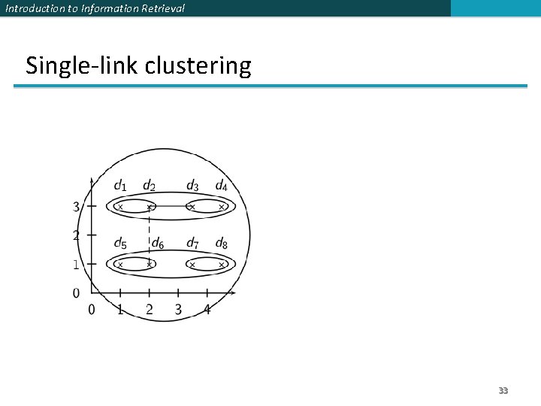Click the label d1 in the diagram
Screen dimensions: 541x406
(120, 185)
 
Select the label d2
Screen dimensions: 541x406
(150, 186)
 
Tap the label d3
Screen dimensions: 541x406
(192, 185)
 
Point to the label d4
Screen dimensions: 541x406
(222, 185)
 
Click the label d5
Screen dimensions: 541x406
(120, 243)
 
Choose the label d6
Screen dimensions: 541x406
(158, 243)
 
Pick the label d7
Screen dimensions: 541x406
(192, 243)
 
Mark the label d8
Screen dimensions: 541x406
(222, 243)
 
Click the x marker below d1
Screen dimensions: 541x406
(119, 206)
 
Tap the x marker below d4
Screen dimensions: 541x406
(222, 206)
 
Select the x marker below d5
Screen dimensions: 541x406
(119, 265)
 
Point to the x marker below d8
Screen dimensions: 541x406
(222, 265)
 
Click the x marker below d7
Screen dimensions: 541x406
(192, 265)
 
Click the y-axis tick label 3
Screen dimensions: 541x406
(77, 206)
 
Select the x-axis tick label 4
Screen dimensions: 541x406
(207, 309)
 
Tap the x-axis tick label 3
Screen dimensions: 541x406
(178, 309)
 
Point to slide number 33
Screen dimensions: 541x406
(503, 391)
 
